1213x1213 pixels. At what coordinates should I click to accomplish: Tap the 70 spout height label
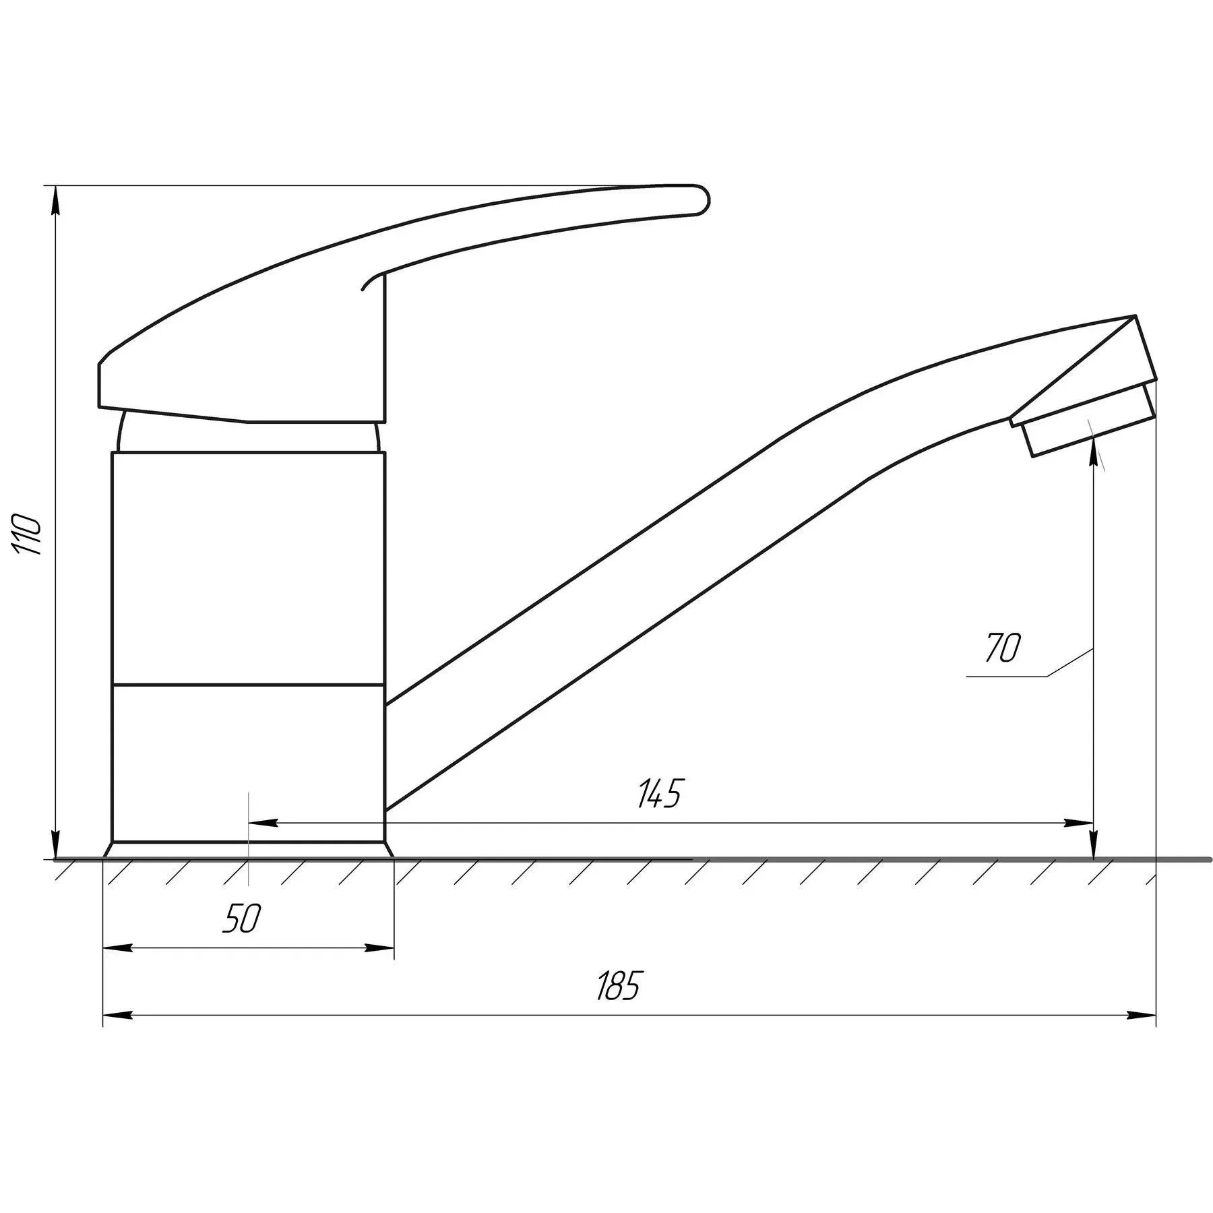[x=1003, y=648]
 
